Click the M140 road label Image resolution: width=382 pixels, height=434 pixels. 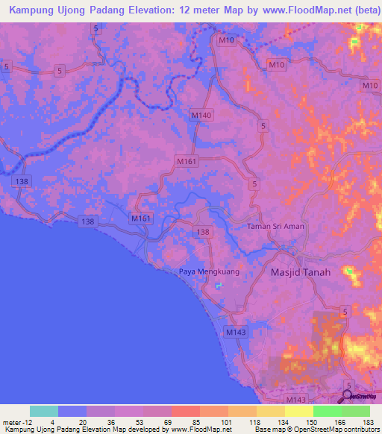click(x=201, y=116)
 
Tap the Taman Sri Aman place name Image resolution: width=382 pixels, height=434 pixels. click(x=277, y=226)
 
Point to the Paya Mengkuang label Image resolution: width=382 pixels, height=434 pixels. click(x=209, y=272)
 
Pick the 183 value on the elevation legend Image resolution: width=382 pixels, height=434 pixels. click(x=369, y=421)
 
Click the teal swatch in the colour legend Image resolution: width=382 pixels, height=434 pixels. click(x=44, y=411)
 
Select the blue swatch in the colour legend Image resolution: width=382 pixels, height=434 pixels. click(x=72, y=411)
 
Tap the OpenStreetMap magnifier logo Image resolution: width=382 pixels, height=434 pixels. click(x=348, y=396)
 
